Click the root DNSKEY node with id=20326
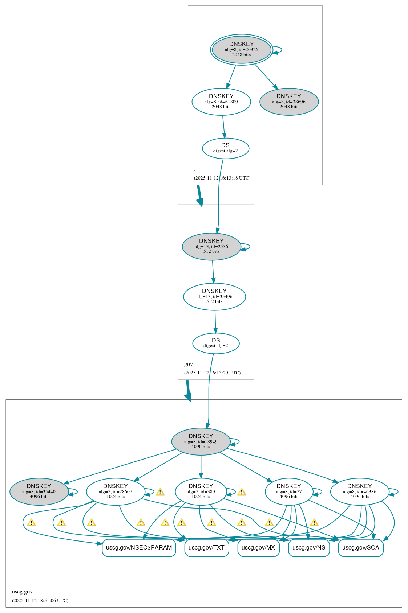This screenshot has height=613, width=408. tap(241, 49)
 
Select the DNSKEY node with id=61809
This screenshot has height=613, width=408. tap(221, 102)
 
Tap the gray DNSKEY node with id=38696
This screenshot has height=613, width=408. tap(289, 102)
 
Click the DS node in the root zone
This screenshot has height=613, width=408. tap(225, 148)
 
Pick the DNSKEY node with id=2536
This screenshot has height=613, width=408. tap(211, 246)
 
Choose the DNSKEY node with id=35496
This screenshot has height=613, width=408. tap(214, 296)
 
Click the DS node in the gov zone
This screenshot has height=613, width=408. tap(216, 343)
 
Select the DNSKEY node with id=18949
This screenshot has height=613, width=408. tap(201, 441)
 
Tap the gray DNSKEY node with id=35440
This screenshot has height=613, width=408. tap(39, 491)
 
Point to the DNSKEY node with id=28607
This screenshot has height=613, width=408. tap(115, 491)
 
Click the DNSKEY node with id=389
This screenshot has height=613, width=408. tap(201, 491)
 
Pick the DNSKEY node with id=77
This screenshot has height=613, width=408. tap(289, 491)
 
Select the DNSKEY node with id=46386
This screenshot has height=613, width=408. tap(359, 491)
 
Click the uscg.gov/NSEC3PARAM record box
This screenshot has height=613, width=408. tap(139, 548)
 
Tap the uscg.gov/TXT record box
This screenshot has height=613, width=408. tap(206, 548)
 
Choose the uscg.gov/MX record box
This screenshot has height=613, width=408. tap(258, 548)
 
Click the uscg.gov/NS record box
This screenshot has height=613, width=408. tap(308, 548)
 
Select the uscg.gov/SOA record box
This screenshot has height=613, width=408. tap(360, 548)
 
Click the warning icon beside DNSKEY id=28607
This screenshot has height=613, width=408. tap(160, 492)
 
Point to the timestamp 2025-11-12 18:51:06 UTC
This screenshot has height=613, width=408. tap(40, 600)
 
